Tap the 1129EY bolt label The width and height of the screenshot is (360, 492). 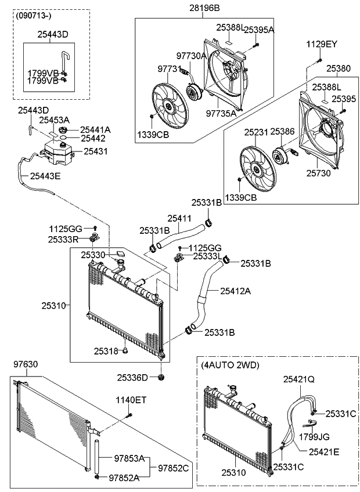322,44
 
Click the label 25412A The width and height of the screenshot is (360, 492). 235,291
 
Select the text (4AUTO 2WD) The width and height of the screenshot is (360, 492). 231,365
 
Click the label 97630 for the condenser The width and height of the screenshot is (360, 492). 25,364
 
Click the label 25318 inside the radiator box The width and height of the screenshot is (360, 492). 106,350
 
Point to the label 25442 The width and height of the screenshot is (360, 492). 92,139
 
